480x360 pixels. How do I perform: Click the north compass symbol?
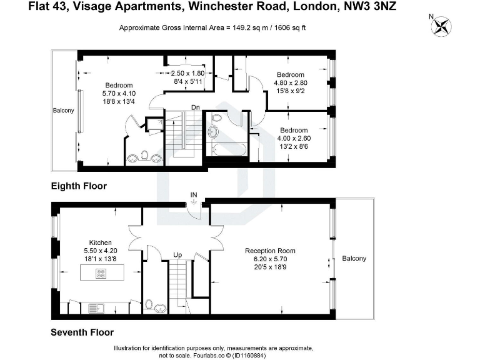444,26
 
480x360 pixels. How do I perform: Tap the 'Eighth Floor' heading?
79,186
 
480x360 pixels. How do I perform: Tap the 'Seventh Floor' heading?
82,332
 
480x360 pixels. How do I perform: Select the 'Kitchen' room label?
100,242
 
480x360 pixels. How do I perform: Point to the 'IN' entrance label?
194,196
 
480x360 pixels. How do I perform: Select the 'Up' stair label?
177,255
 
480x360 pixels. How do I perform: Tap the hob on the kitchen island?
101,272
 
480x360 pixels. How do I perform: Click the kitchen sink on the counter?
96,307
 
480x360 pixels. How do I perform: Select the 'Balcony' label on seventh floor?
354,259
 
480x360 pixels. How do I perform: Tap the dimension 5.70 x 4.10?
118,94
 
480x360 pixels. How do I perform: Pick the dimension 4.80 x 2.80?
292,82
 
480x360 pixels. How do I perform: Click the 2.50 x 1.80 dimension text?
187,73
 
